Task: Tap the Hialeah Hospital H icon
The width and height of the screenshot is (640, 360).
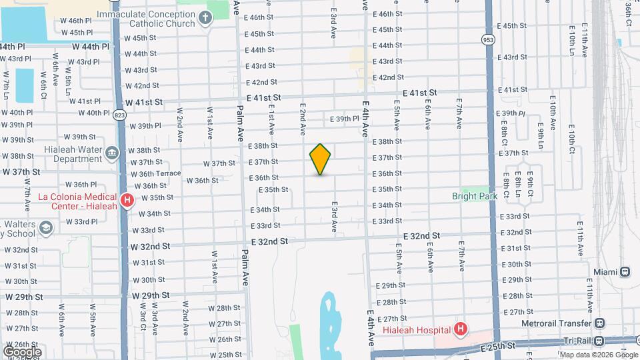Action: coord(459,329)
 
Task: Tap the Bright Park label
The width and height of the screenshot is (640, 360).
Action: coord(474,197)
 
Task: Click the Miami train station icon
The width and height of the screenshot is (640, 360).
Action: coord(625,272)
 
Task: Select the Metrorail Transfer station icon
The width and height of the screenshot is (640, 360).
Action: coord(599,323)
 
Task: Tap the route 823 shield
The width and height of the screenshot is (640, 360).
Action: coord(119,115)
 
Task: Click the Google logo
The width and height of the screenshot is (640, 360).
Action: coord(22,351)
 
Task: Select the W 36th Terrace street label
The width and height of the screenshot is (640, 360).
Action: coord(156,173)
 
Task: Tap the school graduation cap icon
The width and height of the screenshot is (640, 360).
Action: coord(45,228)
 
